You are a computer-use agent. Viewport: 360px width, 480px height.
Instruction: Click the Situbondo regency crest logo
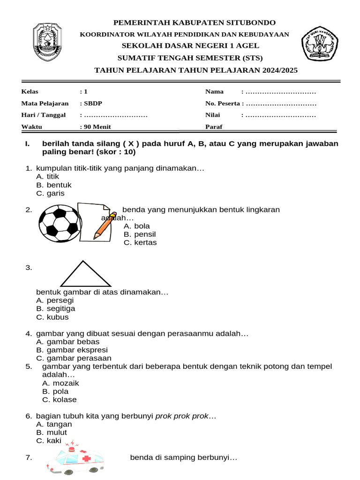pos(47,43)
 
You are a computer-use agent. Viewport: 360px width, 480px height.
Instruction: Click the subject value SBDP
pos(92,103)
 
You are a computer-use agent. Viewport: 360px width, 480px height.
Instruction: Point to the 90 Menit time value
pos(97,127)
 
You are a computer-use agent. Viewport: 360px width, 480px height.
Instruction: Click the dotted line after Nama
pos(281,91)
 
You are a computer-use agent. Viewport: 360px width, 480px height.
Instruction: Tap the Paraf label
pos(214,127)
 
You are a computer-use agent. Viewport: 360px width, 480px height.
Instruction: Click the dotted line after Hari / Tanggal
pos(116,115)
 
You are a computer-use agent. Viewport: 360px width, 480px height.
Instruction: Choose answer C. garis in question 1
pos(50,193)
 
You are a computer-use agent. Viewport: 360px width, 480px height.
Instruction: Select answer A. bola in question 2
pos(137,226)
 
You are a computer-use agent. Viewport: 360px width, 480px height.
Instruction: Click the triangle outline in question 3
pos(86,274)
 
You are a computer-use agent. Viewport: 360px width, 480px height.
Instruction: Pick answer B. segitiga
pos(55,308)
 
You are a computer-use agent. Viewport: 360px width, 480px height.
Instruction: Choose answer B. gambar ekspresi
pos(72,350)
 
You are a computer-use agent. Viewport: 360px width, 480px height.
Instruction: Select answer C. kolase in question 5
pos(59,399)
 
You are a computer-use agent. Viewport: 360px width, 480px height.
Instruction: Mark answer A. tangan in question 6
pos(54,424)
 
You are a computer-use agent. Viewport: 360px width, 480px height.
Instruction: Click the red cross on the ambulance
pos(86,458)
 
